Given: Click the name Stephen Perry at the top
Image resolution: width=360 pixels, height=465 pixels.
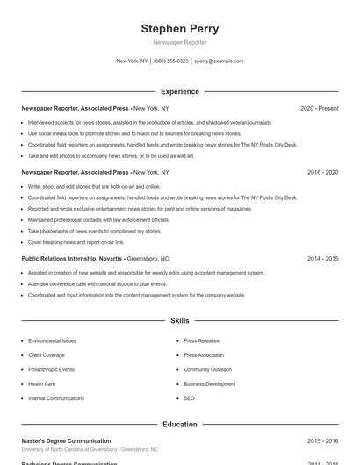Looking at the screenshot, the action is pos(180,29).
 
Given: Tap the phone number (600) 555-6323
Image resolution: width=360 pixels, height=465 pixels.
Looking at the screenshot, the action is pos(171,61).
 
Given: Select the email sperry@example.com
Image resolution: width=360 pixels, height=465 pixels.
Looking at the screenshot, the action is pos(219,61).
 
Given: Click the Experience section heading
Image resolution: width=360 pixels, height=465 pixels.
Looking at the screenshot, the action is pos(180,91).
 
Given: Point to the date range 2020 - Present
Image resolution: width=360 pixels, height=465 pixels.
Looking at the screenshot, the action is pos(319,108).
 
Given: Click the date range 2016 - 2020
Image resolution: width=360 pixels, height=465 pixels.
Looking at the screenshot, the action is pos(322,172).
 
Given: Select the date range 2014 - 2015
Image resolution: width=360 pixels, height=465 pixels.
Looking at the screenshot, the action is pos(322,259).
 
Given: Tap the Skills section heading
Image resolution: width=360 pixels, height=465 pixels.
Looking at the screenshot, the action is pos(180,321).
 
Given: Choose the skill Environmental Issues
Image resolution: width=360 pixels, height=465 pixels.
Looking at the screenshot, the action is pos(53,340).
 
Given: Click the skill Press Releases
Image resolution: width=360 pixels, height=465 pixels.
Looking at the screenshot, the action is pos(202,340).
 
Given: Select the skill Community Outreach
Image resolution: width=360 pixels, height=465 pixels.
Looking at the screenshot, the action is pos(208,369).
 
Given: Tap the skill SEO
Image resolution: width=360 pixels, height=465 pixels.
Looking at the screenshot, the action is pos(190,398).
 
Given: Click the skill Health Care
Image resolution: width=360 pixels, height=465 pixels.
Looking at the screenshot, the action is pos(42,383).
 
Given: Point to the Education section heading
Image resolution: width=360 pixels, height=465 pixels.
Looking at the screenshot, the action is pos(180,424).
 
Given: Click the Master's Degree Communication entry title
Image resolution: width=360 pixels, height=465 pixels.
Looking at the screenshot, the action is pos(66,440).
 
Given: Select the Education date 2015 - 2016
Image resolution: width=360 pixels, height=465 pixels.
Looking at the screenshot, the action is pos(322,440).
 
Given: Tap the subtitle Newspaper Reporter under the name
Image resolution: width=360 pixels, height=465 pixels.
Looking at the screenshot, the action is pos(180,42).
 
